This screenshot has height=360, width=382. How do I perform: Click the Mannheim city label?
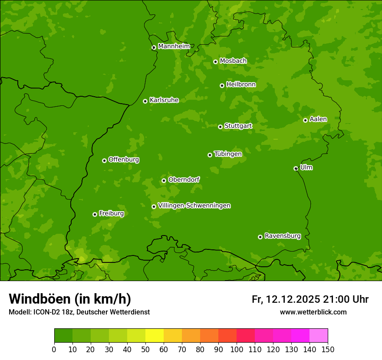(x=174, y=46)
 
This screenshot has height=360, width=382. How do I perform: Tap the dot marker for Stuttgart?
(x=220, y=127)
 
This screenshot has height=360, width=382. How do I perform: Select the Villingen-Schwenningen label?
(x=194, y=206)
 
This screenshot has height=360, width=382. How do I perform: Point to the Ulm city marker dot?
(x=296, y=168)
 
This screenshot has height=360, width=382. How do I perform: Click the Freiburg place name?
(x=111, y=213)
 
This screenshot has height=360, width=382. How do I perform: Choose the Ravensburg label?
(x=282, y=236)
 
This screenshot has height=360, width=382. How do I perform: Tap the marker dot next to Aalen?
(x=305, y=120)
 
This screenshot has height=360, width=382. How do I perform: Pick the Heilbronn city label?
(x=241, y=85)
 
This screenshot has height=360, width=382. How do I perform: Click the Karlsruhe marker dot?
(x=145, y=101)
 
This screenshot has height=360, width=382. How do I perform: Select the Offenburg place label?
(x=124, y=160)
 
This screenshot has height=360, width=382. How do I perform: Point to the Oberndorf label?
(x=184, y=180)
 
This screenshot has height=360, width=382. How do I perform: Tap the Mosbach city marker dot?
(x=215, y=62)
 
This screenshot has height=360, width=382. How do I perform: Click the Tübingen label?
(x=228, y=154)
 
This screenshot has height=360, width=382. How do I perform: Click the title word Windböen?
(x=40, y=299)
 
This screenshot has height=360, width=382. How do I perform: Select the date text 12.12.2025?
(x=293, y=299)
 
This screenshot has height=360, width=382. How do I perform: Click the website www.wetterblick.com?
(x=313, y=312)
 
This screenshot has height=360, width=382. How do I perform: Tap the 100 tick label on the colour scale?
(x=237, y=349)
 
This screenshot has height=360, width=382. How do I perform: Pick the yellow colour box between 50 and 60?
(x=155, y=336)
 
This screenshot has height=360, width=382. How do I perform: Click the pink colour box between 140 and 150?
(x=319, y=336)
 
